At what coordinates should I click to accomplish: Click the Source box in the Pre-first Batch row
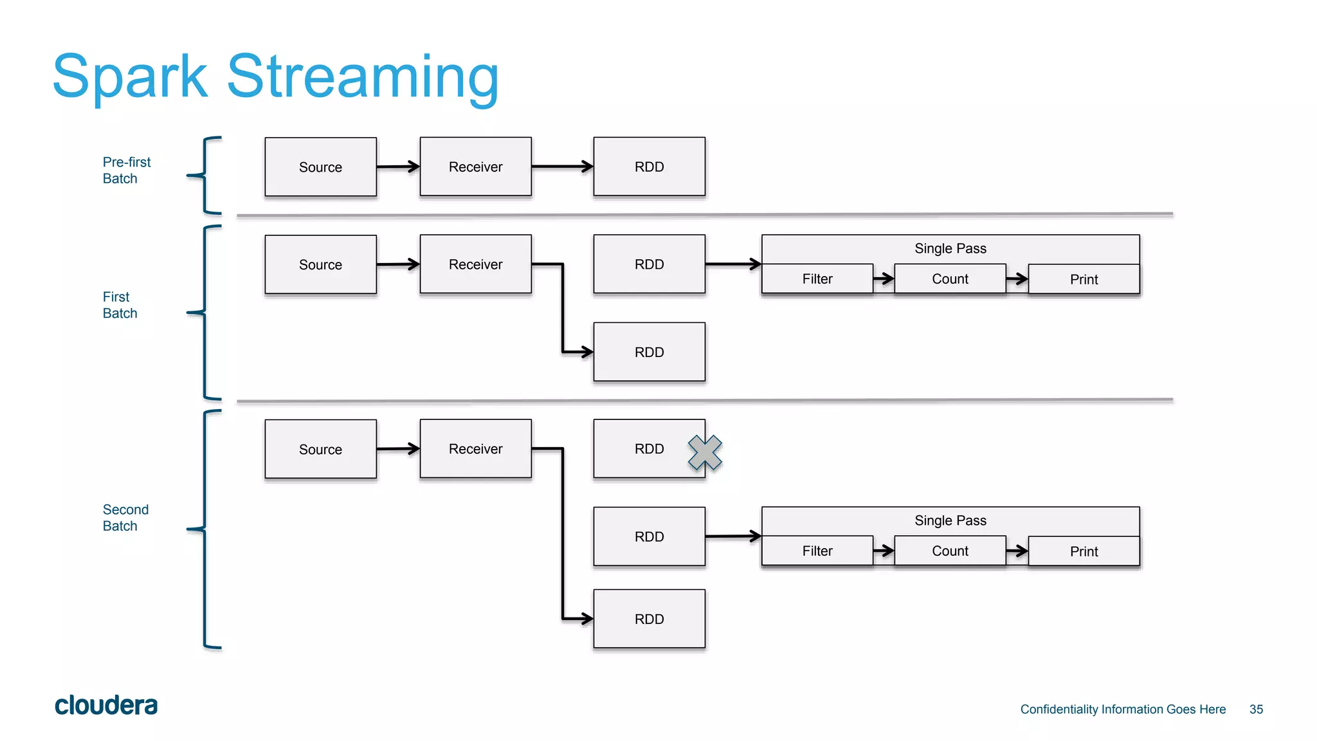320,167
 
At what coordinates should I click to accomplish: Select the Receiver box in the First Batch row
475,264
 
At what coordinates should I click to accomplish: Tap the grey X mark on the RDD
705,452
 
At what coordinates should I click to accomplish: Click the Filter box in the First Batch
817,279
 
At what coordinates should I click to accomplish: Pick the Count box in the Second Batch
949,551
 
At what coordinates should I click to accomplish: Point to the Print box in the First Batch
1084,280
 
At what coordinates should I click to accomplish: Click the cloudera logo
106,706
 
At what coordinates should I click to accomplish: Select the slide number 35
1256,709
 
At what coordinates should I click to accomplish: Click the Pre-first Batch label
126,170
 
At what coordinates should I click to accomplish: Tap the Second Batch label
125,518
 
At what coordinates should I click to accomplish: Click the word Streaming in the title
363,77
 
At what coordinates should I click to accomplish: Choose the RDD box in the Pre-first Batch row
649,167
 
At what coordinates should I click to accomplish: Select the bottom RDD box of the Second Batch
649,619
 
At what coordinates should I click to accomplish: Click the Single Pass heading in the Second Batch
950,520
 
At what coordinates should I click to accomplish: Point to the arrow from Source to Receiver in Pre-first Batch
398,167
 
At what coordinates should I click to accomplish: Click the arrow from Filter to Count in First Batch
884,279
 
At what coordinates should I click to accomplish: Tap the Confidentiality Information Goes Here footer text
1123,709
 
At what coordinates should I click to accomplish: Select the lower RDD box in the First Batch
649,352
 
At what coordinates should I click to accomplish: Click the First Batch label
120,305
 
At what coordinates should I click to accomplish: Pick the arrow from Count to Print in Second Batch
1017,551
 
